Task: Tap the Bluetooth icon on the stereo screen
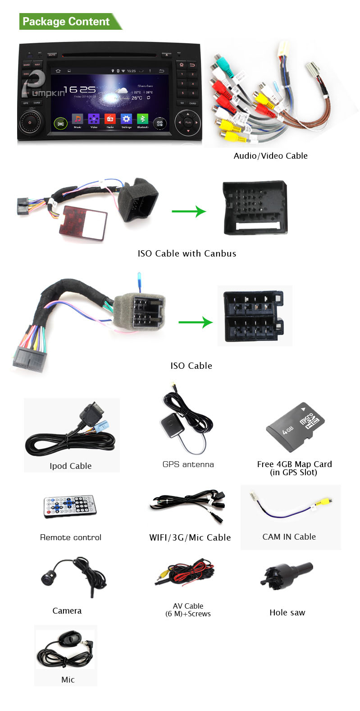point(142,119)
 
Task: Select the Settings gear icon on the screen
point(126,119)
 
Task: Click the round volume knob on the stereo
point(30,122)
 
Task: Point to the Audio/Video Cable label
point(270,156)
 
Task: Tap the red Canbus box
point(84,221)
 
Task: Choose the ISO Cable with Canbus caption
point(187,253)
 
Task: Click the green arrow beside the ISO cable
point(195,322)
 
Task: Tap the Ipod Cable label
point(71,466)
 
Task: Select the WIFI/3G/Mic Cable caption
point(190,537)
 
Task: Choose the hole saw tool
point(286,576)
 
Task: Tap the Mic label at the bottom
point(68,680)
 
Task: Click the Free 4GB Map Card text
point(294,464)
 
